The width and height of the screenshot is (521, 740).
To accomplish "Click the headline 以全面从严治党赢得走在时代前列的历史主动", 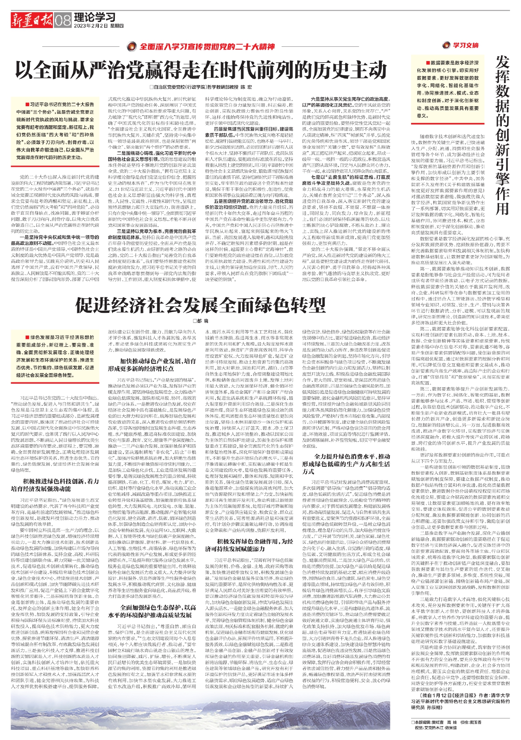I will (x=201, y=70).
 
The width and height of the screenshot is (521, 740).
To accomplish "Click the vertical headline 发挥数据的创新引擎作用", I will (x=502, y=134).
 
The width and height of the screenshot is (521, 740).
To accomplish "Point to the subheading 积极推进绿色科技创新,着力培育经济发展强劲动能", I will (x=55, y=485).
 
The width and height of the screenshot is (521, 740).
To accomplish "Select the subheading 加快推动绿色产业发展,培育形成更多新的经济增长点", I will (x=152, y=365).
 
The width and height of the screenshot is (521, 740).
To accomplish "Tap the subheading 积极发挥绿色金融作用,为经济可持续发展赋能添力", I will (x=249, y=545).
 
